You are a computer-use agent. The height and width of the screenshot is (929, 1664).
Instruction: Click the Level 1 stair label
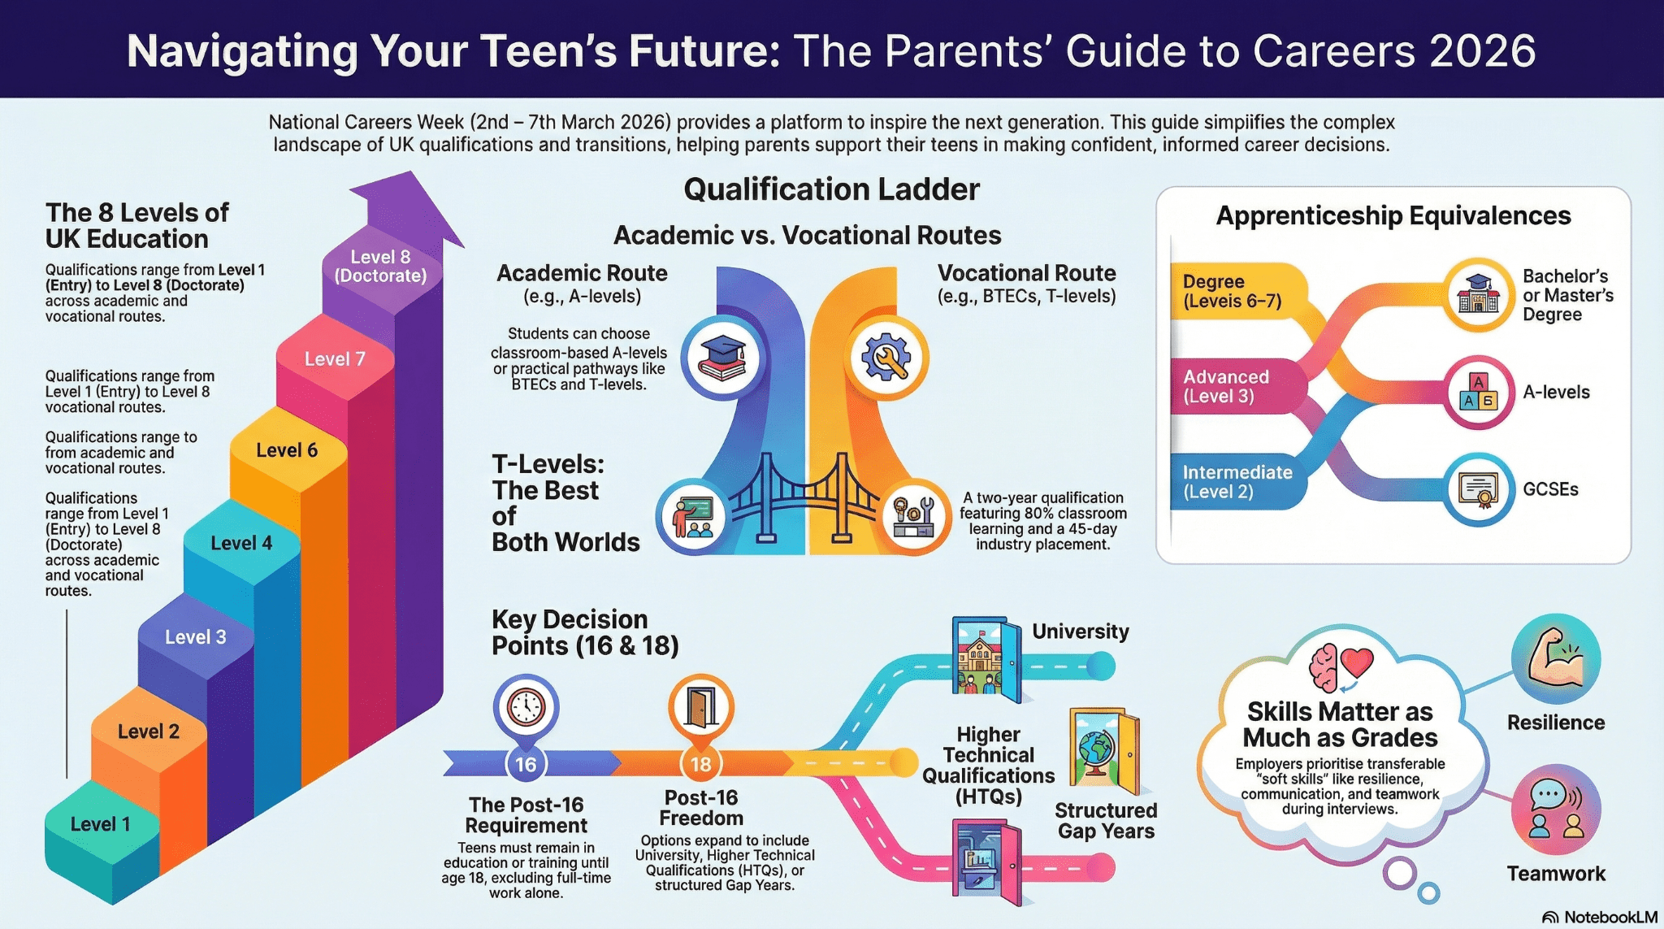pyautogui.click(x=100, y=824)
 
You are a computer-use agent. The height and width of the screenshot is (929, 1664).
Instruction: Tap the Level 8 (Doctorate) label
pyautogui.click(x=380, y=267)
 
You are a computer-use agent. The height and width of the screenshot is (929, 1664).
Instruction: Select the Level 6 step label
pyautogui.click(x=287, y=450)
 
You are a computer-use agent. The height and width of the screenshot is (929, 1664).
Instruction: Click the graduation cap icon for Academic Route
pyautogui.click(x=722, y=358)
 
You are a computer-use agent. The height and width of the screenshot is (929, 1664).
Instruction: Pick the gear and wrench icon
pyautogui.click(x=886, y=358)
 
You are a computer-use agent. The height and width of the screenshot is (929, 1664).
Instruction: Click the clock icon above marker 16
pyautogui.click(x=526, y=707)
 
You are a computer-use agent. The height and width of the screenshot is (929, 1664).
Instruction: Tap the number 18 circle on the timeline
pyautogui.click(x=701, y=764)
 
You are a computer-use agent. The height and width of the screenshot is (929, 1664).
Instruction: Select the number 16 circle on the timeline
pyautogui.click(x=526, y=764)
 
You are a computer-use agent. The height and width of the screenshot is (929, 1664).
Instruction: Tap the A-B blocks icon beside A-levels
pyautogui.click(x=1479, y=393)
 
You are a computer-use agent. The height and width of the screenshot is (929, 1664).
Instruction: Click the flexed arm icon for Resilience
pyautogui.click(x=1556, y=659)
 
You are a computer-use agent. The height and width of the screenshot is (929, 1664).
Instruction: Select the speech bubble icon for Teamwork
pyautogui.click(x=1556, y=810)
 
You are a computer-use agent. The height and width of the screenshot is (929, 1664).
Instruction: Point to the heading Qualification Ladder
pyautogui.click(x=831, y=189)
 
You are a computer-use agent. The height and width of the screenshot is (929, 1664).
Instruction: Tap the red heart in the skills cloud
pyautogui.click(x=1356, y=662)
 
